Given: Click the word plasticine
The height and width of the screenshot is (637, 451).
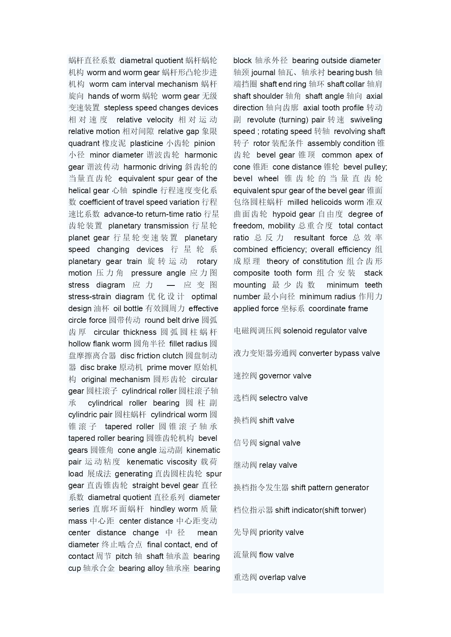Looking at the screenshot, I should [146, 143].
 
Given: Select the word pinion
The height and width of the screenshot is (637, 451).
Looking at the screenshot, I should [204, 143].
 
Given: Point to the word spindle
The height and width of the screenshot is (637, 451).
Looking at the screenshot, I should [145, 191].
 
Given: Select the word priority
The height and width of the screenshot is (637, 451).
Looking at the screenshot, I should [272, 532].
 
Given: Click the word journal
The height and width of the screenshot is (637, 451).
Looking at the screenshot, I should [263, 73].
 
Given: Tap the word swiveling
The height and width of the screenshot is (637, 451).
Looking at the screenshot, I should [366, 120].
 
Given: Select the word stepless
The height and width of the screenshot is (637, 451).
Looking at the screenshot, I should [118, 108].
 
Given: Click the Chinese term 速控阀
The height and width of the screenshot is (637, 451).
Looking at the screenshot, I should [245, 376].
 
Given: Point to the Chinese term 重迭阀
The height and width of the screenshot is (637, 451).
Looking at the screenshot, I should [245, 577].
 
